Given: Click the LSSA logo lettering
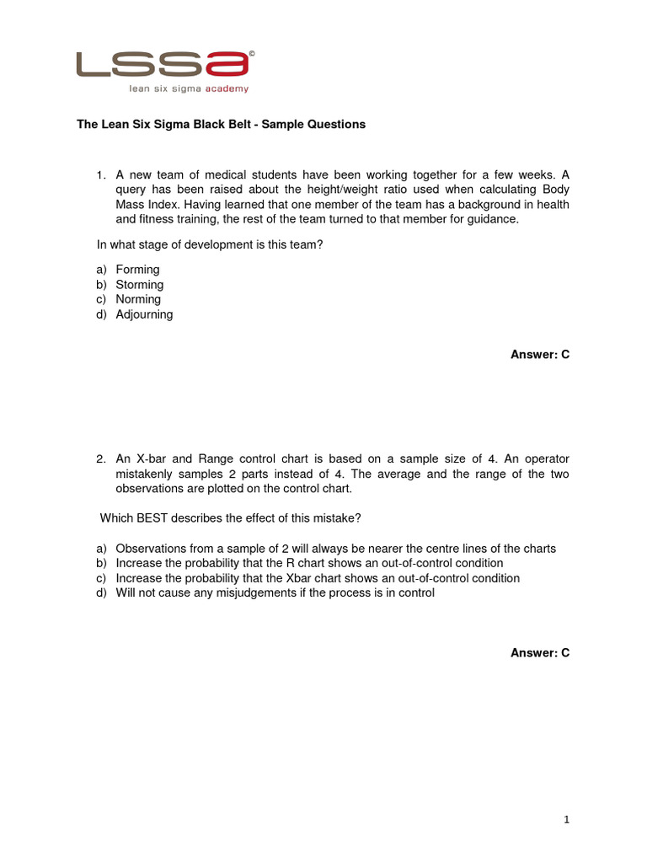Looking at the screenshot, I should tap(163, 65).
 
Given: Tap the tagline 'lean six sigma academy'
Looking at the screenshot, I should tap(188, 88).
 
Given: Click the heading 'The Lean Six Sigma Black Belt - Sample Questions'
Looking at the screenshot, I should tap(221, 124).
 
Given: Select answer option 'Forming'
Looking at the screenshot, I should tap(137, 270).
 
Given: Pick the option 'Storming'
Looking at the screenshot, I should tap(139, 285).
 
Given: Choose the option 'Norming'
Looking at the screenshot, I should tap(138, 299).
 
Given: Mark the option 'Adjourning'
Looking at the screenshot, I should tap(144, 314).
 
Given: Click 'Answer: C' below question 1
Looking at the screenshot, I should tap(540, 355).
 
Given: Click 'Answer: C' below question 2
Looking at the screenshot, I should tap(540, 652).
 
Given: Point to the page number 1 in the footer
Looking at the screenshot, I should tap(567, 819).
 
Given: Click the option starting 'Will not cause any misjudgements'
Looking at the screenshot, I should tap(275, 592).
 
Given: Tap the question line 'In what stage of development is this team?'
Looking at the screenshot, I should tap(210, 244).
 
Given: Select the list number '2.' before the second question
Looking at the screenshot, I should tap(100, 459).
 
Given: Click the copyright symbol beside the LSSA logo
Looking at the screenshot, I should tap(252, 52).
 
